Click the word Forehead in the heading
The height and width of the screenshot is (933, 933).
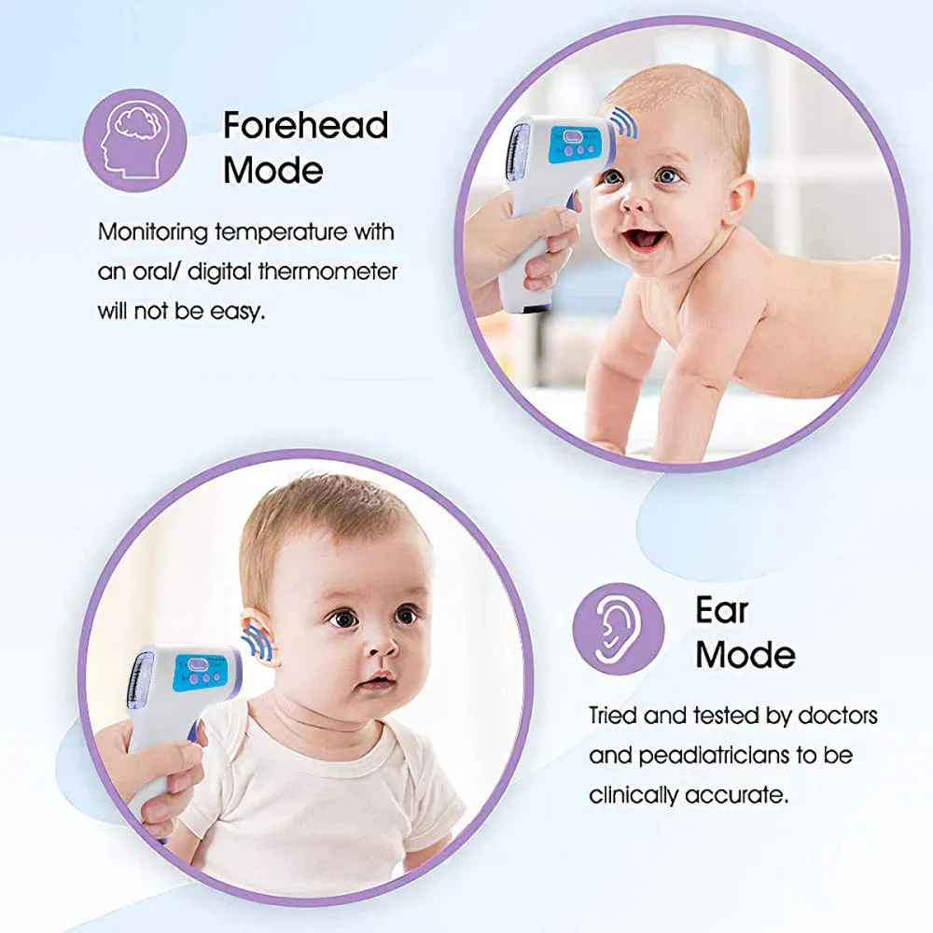(x=305, y=125)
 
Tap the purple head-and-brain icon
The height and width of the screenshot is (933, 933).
(x=135, y=142)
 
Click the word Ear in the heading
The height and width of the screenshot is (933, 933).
(x=722, y=611)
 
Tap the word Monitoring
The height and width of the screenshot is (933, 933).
(x=153, y=231)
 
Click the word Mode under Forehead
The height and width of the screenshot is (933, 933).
(x=273, y=171)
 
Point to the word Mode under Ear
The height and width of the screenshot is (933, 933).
(x=745, y=654)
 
